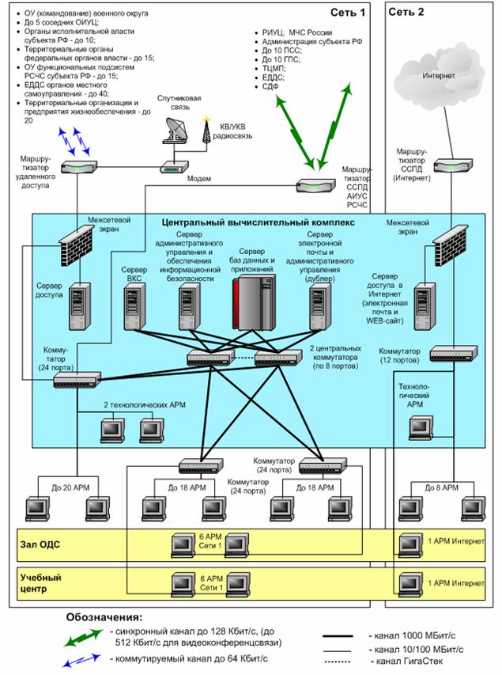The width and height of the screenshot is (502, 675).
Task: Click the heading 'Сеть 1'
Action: (350, 13)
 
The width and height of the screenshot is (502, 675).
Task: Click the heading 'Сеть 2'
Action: (408, 13)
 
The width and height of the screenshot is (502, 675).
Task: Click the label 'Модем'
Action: (198, 179)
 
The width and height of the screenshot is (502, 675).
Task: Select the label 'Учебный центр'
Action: (42, 584)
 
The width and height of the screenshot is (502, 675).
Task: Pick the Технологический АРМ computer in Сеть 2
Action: (421, 427)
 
